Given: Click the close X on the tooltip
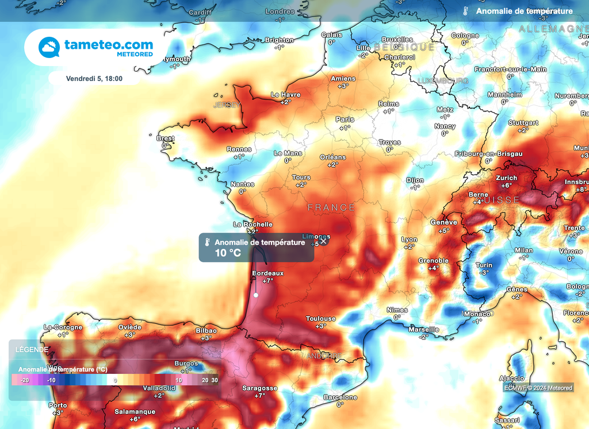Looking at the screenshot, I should [324, 241].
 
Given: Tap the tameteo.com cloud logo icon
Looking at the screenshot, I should [49, 47].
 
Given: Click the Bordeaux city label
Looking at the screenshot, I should [268, 273].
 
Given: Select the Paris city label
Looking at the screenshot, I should [345, 119].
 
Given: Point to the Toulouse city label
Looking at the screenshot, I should [320, 319].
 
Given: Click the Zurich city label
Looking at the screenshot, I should [506, 178].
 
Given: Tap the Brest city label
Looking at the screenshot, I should [166, 138].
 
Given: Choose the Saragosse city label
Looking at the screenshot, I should [259, 388].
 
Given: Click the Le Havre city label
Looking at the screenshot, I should [286, 95].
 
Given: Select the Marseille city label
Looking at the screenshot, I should [423, 330].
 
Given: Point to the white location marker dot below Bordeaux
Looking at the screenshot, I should [256, 295].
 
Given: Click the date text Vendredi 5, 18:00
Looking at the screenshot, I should [94, 79].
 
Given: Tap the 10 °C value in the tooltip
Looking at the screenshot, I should [227, 253].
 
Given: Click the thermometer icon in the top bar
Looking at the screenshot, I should [465, 11].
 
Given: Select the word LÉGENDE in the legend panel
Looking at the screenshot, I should [32, 349].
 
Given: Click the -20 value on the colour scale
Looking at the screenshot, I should [25, 380].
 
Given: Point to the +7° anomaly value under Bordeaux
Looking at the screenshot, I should [268, 281].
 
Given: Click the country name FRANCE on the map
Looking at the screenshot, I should [331, 207].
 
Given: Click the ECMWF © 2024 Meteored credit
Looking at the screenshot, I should [538, 388].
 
